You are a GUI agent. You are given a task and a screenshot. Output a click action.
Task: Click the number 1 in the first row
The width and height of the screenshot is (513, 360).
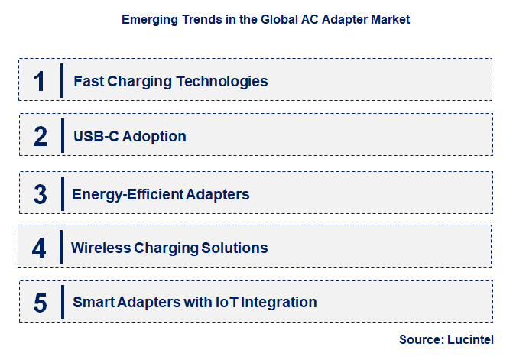point(40,80)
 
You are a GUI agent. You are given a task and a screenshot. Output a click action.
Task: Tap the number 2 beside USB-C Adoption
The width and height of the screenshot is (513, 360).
point(41,136)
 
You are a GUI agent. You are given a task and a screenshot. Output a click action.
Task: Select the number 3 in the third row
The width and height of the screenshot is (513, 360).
point(41,194)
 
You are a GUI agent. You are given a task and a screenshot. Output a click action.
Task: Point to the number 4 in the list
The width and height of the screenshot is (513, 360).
point(40,248)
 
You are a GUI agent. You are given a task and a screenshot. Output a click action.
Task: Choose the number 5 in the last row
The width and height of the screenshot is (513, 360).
point(41,302)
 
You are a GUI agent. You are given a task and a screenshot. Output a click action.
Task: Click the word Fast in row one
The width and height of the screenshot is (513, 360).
point(88,81)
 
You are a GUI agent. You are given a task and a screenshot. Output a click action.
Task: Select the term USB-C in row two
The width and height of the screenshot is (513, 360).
point(93,137)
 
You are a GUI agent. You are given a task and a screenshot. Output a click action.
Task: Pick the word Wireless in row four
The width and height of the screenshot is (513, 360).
point(100,248)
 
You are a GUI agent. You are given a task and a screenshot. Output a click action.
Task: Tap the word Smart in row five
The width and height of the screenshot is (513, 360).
point(93,302)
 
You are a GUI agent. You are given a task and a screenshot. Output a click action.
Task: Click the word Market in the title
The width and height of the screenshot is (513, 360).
point(391,20)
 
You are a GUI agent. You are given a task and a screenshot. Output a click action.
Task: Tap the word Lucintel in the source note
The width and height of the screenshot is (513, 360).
point(470,339)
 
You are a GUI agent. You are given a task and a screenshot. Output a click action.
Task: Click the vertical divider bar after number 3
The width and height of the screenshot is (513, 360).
point(63,194)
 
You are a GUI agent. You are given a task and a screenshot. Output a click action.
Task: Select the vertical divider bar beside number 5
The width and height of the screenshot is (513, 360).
point(63,302)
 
